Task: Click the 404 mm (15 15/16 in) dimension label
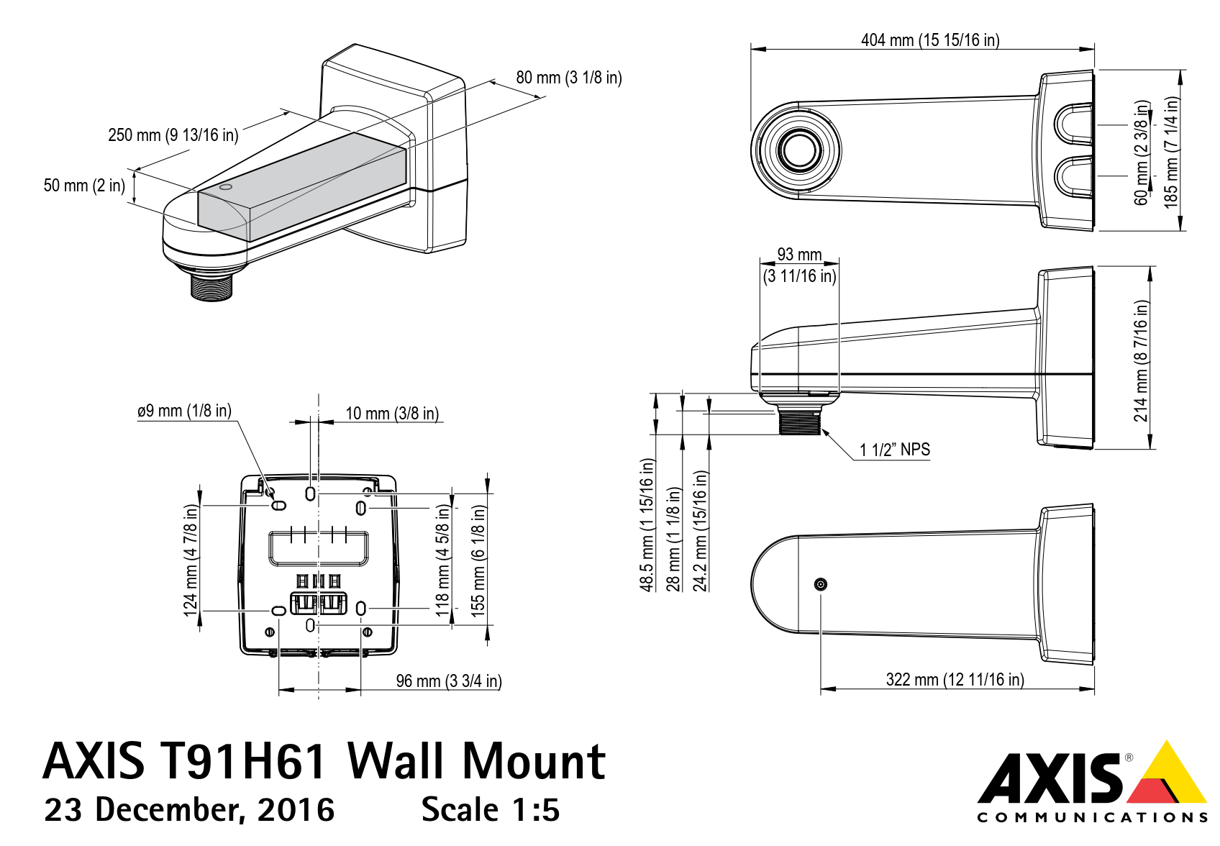(x=929, y=40)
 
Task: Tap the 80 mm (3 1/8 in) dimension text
(x=568, y=78)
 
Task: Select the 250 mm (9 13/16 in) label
(x=173, y=135)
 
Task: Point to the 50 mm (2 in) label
(x=84, y=186)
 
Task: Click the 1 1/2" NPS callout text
(x=894, y=450)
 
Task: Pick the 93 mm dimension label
(x=799, y=255)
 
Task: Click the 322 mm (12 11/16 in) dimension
(x=955, y=680)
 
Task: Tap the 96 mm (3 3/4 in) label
(x=448, y=681)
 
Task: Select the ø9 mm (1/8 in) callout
(x=184, y=411)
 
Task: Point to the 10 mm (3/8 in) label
(x=392, y=414)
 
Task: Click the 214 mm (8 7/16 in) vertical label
(x=1141, y=360)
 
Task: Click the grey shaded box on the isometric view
(x=302, y=187)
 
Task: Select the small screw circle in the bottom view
(x=821, y=584)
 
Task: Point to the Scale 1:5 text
(x=490, y=810)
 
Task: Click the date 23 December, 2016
(x=189, y=810)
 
